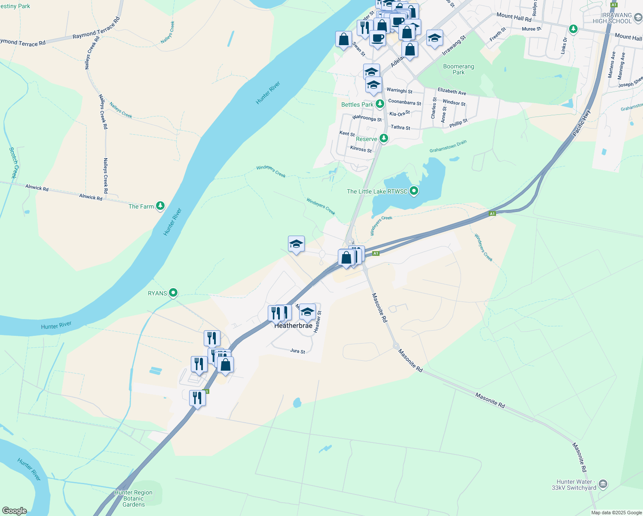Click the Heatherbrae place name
(x=294, y=326)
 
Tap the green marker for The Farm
(x=160, y=206)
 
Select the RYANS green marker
(x=173, y=293)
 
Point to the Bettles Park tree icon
(x=380, y=104)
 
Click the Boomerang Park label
(x=459, y=69)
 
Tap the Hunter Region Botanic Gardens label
(x=134, y=498)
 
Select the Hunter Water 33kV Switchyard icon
(x=603, y=484)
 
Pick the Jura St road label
(x=297, y=351)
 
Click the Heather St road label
(x=318, y=322)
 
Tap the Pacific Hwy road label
(x=582, y=123)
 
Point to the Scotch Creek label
(x=14, y=163)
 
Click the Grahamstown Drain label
(x=448, y=146)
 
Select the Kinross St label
(x=361, y=149)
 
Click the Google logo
(x=14, y=511)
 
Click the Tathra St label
(x=400, y=127)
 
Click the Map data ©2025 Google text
(x=616, y=513)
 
